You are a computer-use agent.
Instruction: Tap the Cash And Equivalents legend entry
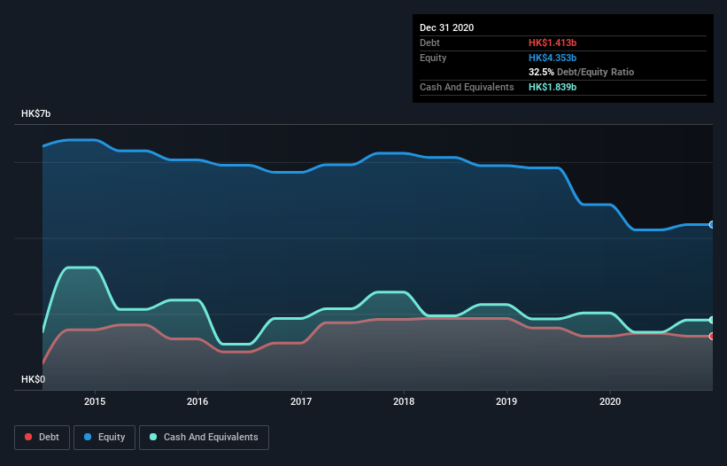point(204,437)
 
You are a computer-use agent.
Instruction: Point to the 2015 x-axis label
point(95,400)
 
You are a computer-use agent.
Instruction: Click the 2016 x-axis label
point(197,400)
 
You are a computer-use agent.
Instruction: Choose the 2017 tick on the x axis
point(301,400)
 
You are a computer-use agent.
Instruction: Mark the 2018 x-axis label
point(404,400)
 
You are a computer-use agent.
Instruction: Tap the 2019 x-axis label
point(507,400)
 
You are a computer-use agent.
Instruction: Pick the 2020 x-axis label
point(610,400)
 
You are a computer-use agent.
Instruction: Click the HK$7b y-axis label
point(36,114)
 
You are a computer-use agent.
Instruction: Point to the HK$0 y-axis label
point(34,379)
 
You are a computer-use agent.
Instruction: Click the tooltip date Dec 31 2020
point(447,27)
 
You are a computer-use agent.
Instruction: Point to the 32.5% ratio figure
point(541,72)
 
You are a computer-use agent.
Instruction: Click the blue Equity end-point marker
point(712,225)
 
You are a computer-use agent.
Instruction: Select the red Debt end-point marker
point(712,336)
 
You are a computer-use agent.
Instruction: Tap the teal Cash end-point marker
point(712,320)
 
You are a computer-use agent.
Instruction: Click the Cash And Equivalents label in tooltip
point(467,87)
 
